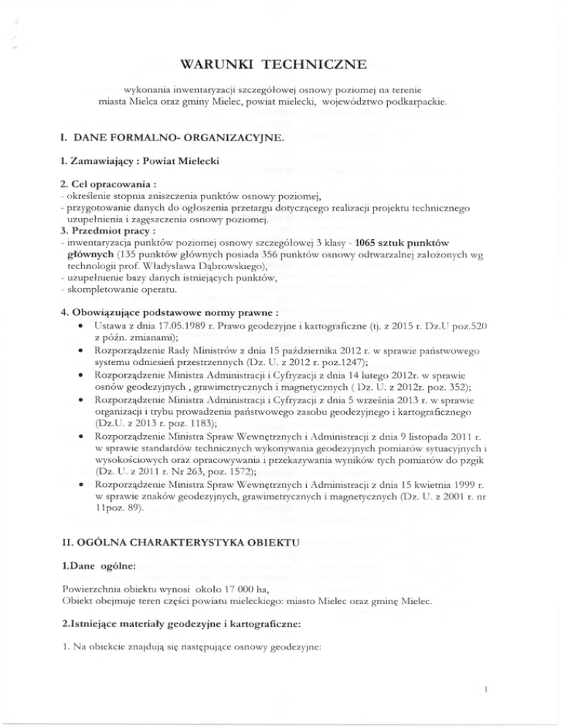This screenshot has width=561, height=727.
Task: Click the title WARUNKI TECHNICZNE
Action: [280, 67]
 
